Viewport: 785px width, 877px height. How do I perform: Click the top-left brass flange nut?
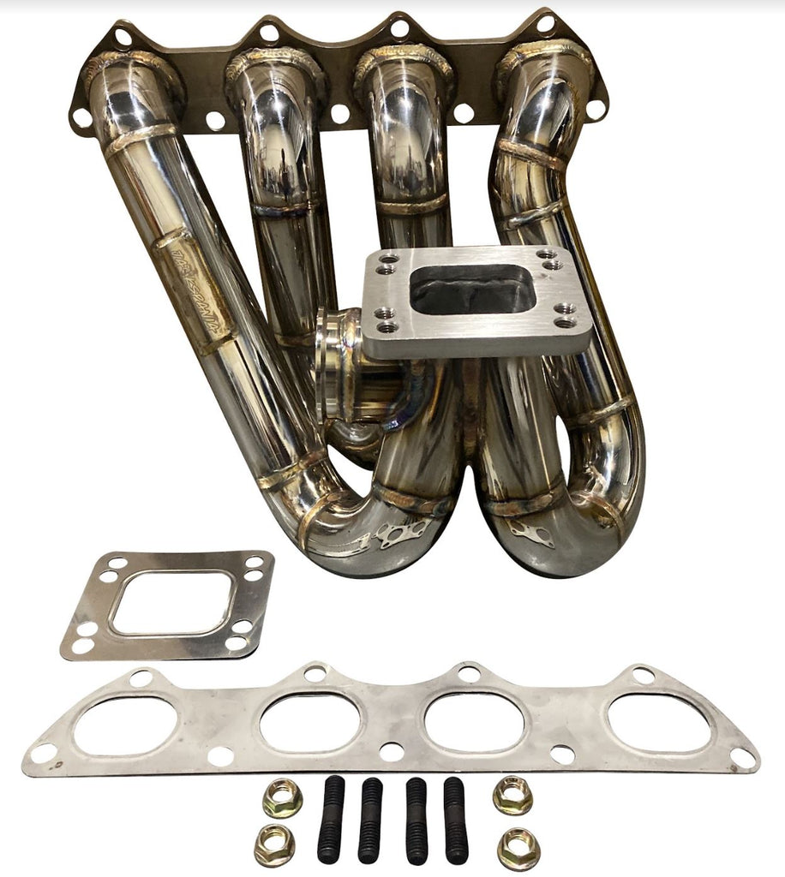point(282,799)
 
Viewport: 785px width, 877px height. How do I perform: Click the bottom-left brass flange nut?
point(274,847)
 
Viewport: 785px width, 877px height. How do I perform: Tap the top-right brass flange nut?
point(512,795)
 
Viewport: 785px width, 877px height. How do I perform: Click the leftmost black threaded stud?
point(331,819)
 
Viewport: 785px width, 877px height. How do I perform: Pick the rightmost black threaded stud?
point(456,820)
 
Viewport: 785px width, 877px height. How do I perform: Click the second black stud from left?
point(371,820)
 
